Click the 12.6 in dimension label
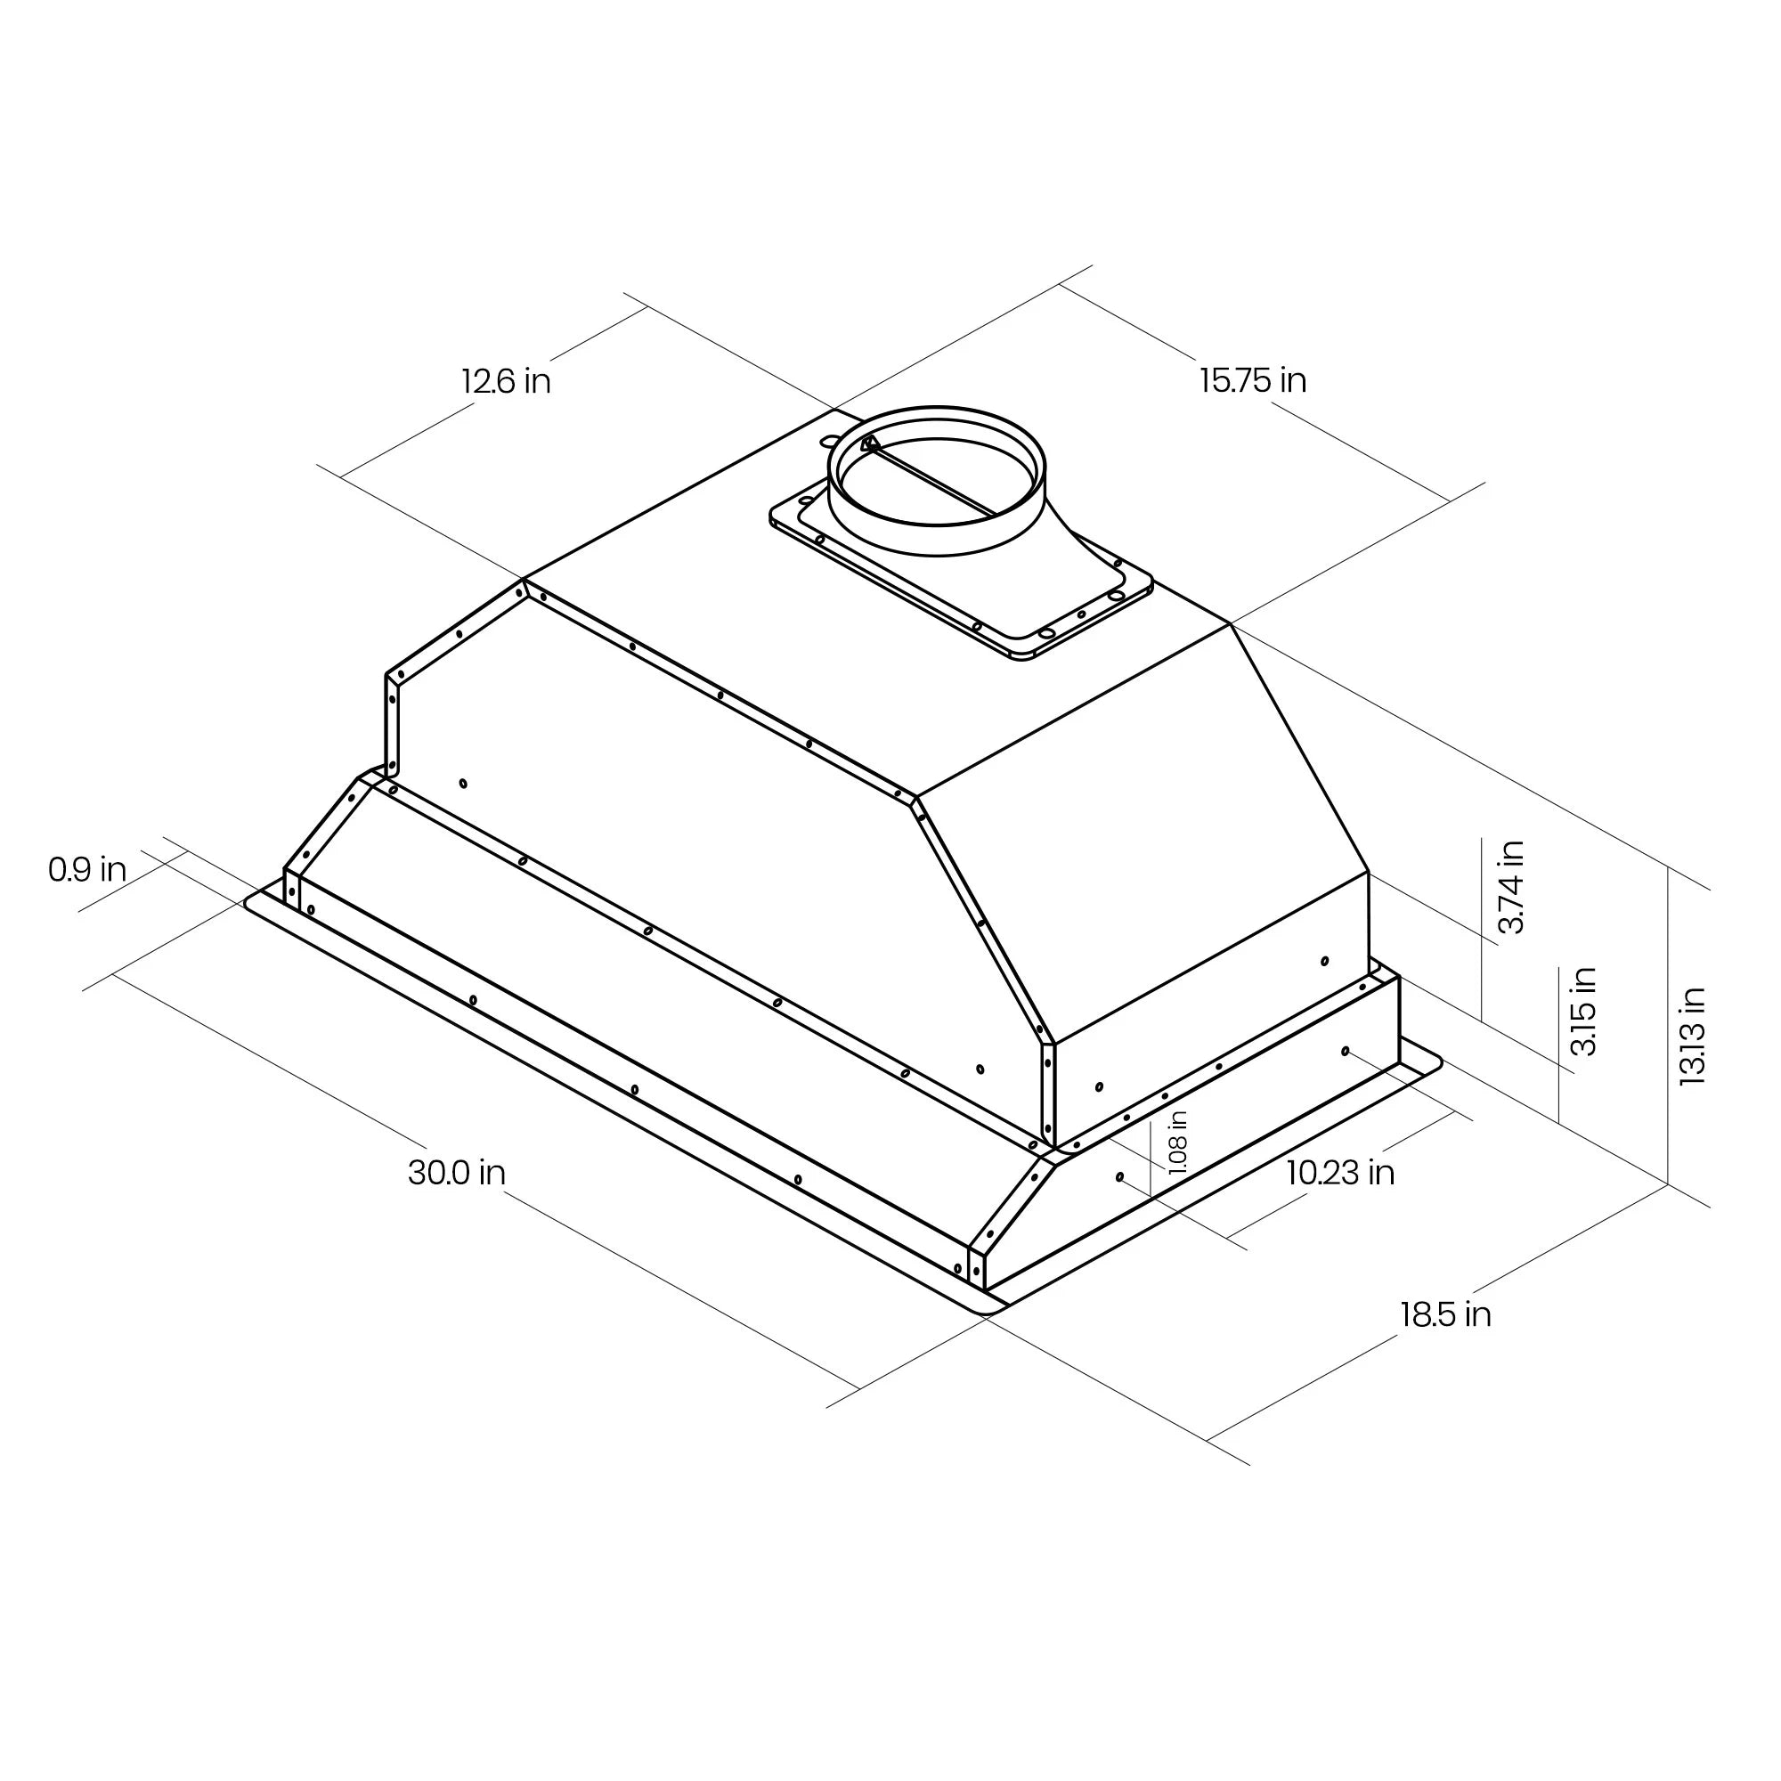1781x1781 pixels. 506,381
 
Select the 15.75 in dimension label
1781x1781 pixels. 1253,380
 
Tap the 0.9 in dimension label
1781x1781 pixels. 87,868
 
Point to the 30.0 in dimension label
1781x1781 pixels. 456,1173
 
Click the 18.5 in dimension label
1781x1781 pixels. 1445,1314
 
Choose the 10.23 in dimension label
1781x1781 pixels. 1340,1173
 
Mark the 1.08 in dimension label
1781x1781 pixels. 1177,1142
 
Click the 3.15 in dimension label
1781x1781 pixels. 1582,1012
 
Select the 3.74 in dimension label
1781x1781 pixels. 1511,887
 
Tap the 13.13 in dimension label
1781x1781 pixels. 1693,1037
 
